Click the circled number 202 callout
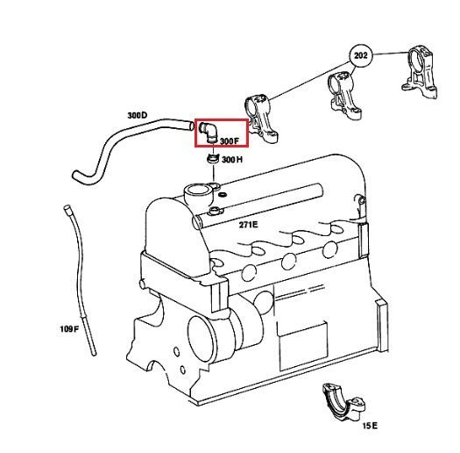pos(360,55)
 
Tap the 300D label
pos(138,115)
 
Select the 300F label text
pos(230,141)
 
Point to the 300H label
pos(232,160)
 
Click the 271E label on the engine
pos(249,225)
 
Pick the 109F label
pos(69,328)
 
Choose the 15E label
pos(371,426)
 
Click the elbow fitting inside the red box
pos(209,133)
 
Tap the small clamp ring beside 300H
pos(213,159)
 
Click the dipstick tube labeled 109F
pos(80,279)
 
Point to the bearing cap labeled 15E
pos(343,403)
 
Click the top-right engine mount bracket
pos(420,71)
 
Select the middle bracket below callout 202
pos(343,96)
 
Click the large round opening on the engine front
pos(202,335)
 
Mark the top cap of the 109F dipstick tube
pos(67,208)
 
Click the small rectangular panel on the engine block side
pos(302,345)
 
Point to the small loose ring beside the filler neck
pos(223,194)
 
